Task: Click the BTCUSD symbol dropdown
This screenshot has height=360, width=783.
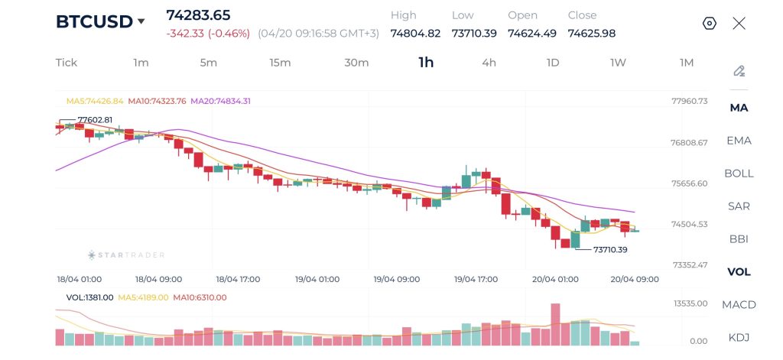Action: pyautogui.click(x=100, y=21)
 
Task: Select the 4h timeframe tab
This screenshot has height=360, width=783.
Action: pyautogui.click(x=489, y=63)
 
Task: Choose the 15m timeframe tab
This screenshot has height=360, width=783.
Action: pyautogui.click(x=280, y=63)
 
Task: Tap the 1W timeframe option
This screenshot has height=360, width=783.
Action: pyautogui.click(x=618, y=63)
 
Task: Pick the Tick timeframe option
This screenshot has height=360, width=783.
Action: pyautogui.click(x=67, y=63)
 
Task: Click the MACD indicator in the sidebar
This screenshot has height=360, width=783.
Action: pyautogui.click(x=739, y=305)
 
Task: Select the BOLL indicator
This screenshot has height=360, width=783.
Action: pyautogui.click(x=739, y=174)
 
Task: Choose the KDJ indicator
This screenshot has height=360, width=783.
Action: pyautogui.click(x=739, y=337)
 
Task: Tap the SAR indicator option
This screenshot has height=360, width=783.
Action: pyautogui.click(x=739, y=206)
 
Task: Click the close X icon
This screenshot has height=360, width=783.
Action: pyautogui.click(x=739, y=23)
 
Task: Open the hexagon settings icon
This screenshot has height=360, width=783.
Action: pyautogui.click(x=709, y=23)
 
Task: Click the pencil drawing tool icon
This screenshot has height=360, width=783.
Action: pyautogui.click(x=739, y=71)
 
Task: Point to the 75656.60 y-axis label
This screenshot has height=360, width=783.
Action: pyautogui.click(x=690, y=183)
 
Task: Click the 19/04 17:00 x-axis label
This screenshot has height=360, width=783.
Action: pyautogui.click(x=476, y=279)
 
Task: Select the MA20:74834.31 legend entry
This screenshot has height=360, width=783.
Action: pyautogui.click(x=220, y=101)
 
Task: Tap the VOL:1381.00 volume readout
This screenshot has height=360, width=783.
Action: pyautogui.click(x=89, y=297)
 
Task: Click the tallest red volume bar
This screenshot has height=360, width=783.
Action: pyautogui.click(x=555, y=325)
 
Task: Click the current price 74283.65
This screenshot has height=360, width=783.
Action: pyautogui.click(x=198, y=15)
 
